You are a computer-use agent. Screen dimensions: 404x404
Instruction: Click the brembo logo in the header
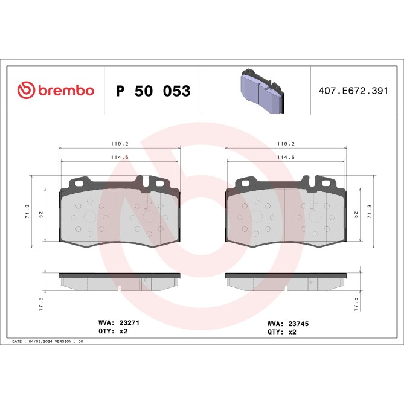coord(56,91)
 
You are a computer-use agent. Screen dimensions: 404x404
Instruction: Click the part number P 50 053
coord(153,91)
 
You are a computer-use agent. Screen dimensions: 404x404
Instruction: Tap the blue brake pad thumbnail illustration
coord(258,91)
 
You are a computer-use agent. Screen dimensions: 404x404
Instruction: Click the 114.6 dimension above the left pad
coord(120,158)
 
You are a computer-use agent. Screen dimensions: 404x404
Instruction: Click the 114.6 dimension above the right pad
coord(284,158)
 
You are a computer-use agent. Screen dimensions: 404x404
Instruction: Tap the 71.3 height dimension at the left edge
coord(27,211)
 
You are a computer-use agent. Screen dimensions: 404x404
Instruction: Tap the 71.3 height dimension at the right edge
coord(370,211)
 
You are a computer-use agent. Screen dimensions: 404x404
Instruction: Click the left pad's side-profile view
coord(120,281)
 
